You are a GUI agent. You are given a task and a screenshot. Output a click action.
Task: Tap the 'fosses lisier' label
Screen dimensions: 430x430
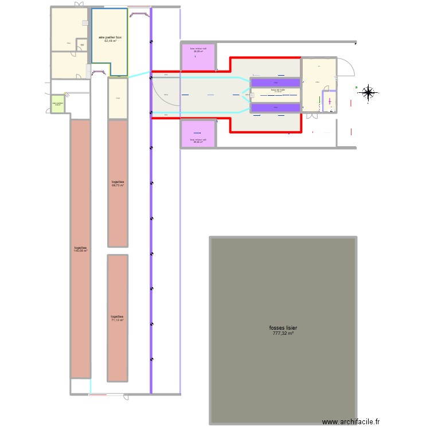283,328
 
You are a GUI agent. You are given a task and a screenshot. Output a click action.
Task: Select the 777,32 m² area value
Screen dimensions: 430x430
283,333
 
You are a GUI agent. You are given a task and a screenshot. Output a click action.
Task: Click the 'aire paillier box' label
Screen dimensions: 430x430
110,37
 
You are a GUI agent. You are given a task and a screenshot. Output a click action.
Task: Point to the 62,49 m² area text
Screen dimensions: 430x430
110,41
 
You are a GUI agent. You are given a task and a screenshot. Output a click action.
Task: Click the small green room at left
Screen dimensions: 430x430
57,104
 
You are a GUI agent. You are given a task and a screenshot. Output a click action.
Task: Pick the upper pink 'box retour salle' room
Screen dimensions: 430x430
198,57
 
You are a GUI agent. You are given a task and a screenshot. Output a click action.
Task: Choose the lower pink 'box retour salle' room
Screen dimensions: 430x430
198,133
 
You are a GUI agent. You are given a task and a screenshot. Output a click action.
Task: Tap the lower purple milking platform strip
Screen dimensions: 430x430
275,107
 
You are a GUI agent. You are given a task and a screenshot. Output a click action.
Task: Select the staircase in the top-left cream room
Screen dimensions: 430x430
85,23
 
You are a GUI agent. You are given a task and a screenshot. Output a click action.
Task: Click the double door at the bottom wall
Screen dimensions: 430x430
106,394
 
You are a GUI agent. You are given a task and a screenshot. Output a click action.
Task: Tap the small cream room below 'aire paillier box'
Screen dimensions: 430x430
118,98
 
